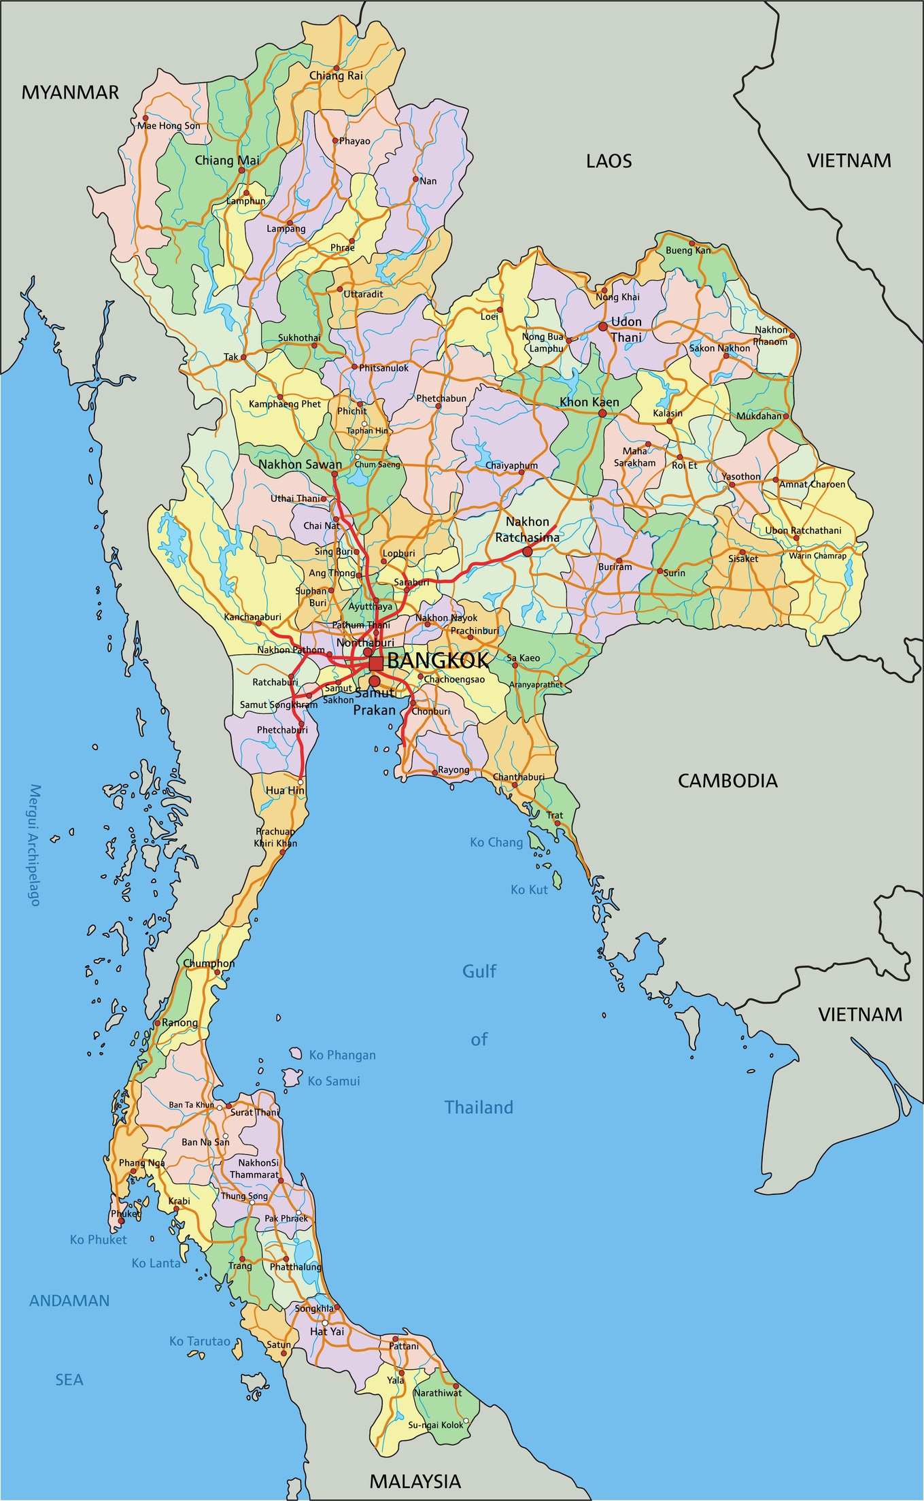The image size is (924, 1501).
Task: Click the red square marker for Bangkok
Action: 376,663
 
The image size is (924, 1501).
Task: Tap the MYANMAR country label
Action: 70,92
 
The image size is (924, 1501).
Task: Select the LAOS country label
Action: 609,161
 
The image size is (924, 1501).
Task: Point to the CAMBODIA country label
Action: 728,781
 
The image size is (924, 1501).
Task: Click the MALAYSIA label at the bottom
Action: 415,1481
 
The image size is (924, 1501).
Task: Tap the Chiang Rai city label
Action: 336,75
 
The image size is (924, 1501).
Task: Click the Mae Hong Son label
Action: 169,126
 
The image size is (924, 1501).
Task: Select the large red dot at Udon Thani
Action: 602,326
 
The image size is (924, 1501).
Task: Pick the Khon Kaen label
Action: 589,402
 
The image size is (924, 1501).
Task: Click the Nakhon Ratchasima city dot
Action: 527,552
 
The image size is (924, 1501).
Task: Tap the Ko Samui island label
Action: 333,1081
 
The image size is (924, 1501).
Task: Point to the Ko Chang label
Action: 496,842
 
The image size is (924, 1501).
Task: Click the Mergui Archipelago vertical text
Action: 35,845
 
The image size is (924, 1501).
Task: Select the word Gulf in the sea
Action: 479,971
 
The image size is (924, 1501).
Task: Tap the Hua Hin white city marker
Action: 301,783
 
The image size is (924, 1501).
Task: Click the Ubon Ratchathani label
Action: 802,530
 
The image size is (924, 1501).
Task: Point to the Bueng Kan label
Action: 687,250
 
